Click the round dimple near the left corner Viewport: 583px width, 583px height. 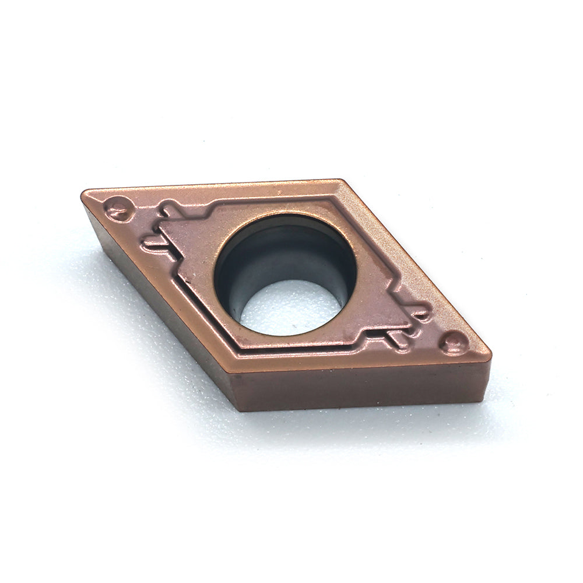point(118,209)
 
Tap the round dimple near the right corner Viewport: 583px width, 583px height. point(454,342)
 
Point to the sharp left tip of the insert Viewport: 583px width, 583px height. point(83,193)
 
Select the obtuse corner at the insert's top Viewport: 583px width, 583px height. point(340,181)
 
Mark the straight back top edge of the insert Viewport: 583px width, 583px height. point(210,185)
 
